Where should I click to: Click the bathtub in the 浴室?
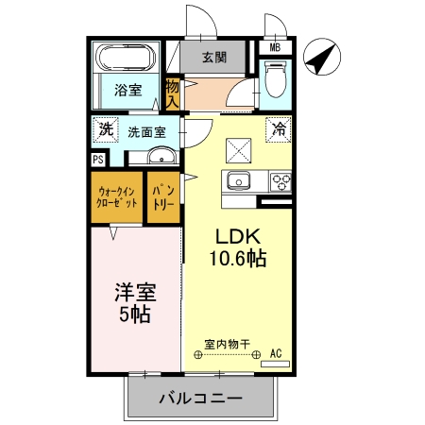[x=126, y=58]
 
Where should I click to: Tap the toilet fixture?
[x=276, y=78]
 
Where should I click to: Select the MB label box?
[x=275, y=48]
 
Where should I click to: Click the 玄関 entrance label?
[x=214, y=58]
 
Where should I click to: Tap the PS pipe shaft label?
[x=98, y=160]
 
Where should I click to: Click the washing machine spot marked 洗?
[x=106, y=129]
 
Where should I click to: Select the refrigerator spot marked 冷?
[x=279, y=129]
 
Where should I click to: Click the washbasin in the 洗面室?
[x=161, y=156]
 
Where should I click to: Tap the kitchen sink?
[x=239, y=180]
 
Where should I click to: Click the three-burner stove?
[x=280, y=181]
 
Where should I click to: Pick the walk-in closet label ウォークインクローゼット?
[x=117, y=196]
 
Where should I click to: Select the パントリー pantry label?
[x=163, y=197]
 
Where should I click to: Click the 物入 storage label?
[x=173, y=93]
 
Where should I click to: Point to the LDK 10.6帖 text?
[x=238, y=247]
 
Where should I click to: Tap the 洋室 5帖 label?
[x=135, y=303]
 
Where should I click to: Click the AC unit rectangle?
[x=275, y=364]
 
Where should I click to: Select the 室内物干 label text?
[x=227, y=344]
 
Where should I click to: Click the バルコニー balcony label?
[x=200, y=398]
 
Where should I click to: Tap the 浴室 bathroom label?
[x=128, y=91]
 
